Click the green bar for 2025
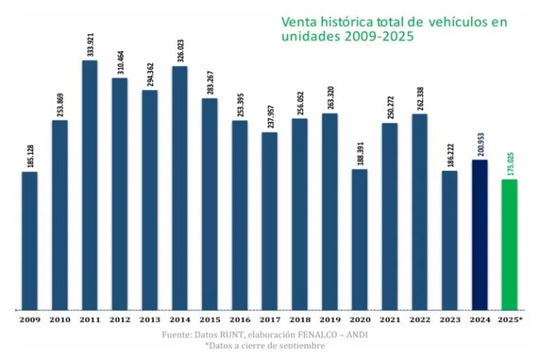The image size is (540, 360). tap(508, 244)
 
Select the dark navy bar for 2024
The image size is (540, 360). tap(479, 234)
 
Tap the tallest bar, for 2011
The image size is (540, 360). tap(89, 184)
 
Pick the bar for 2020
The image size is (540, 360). tap(359, 239)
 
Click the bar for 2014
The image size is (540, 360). tap(179, 187)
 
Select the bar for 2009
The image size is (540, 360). tap(30, 240)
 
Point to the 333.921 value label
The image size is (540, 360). tap(89, 44)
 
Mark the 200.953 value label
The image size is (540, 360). tap(479, 143)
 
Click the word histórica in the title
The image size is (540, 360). tap(345, 22)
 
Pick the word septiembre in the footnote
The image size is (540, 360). tap(298, 345)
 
